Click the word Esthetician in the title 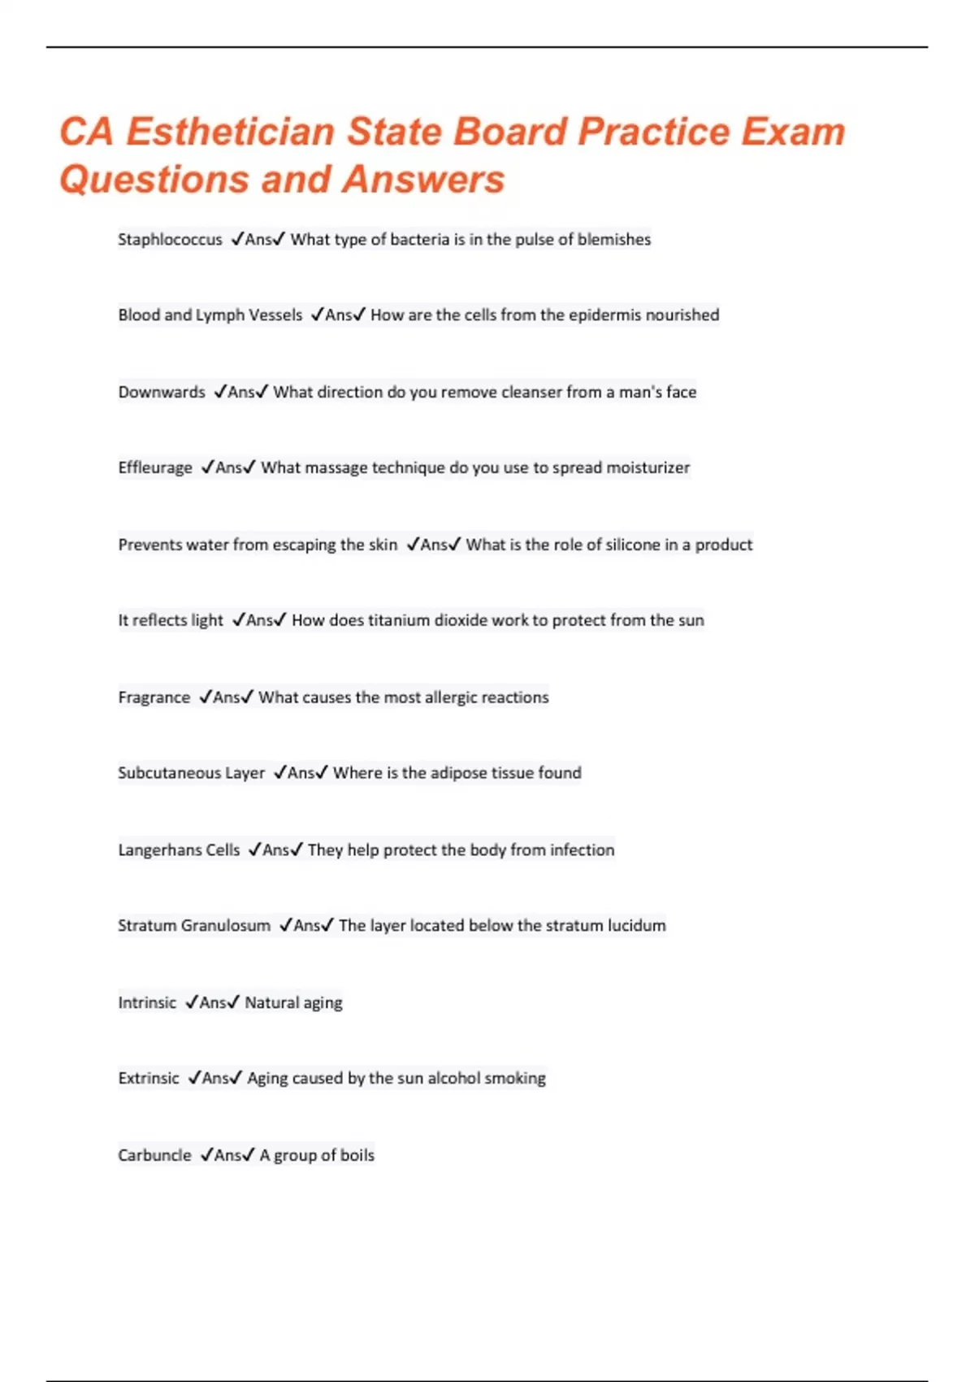[230, 132]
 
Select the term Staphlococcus [170, 240]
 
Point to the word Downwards [162, 392]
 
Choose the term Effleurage [155, 468]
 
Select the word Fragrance [154, 698]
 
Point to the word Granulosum [226, 926]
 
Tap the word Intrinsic [147, 1002]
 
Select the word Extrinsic [149, 1079]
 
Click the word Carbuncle [154, 1155]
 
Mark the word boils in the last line [357, 1155]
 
